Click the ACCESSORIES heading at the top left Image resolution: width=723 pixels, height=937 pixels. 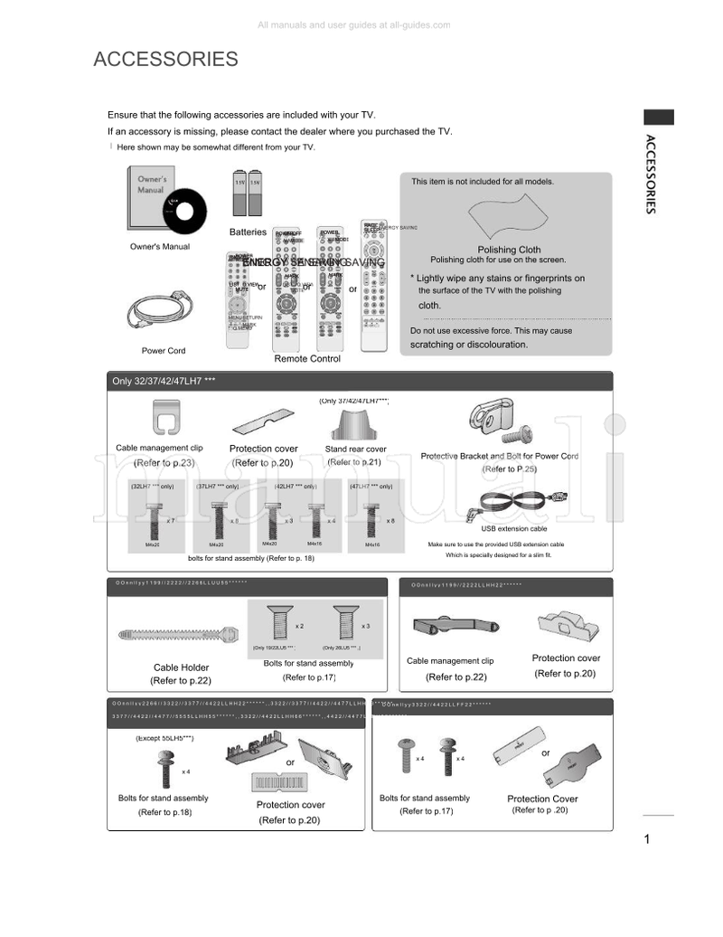click(x=165, y=60)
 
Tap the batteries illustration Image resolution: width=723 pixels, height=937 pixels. click(x=248, y=193)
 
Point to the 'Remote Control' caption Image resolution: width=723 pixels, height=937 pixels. click(x=307, y=359)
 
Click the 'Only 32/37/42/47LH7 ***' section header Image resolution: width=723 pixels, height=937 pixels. click(x=164, y=381)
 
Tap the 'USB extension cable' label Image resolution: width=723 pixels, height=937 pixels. click(x=513, y=528)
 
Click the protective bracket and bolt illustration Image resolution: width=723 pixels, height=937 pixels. click(x=498, y=421)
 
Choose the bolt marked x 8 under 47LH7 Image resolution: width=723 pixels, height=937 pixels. click(x=371, y=521)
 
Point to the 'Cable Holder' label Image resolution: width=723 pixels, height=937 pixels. click(x=181, y=667)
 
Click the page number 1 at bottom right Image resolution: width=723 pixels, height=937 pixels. click(x=647, y=839)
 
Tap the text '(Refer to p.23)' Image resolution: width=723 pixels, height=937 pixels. click(x=164, y=462)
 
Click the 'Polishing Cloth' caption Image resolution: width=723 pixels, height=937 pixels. click(x=509, y=250)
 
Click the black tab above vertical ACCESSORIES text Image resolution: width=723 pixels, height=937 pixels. click(x=658, y=117)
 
